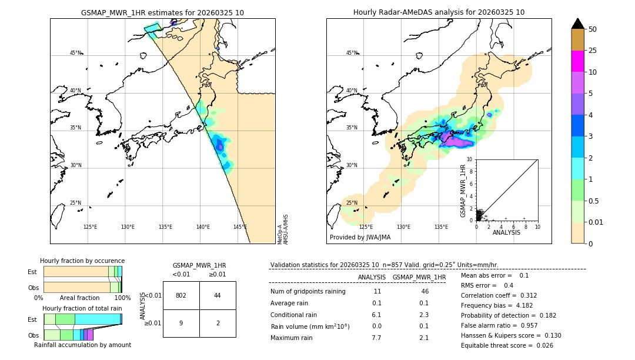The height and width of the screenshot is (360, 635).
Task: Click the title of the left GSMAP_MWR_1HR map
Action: coord(162,12)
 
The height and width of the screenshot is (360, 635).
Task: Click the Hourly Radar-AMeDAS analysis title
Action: coord(439,12)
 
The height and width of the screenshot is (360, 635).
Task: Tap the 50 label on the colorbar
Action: coord(593,29)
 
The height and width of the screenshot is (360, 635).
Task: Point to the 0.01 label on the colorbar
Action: coord(596,222)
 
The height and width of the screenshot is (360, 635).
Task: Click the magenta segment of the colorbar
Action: coord(577,61)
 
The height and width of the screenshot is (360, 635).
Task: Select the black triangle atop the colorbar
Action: coord(577,24)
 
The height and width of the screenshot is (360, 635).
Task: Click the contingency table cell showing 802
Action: coord(181,295)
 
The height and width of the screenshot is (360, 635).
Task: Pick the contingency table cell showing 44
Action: coord(218,295)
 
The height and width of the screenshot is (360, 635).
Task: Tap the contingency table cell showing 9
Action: coord(181,323)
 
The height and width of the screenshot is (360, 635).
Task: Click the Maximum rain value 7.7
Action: coord(376,338)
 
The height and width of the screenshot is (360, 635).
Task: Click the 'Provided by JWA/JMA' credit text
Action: coord(360,237)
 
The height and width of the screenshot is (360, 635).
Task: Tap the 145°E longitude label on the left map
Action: coord(240,227)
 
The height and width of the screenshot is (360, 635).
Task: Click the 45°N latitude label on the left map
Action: coord(76,53)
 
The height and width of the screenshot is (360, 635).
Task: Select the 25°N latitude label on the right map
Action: coord(352,203)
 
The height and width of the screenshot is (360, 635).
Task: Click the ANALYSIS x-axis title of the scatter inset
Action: coord(506,232)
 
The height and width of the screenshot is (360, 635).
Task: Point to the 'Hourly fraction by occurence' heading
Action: coord(82,261)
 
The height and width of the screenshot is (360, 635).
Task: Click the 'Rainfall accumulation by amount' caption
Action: coord(82,345)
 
